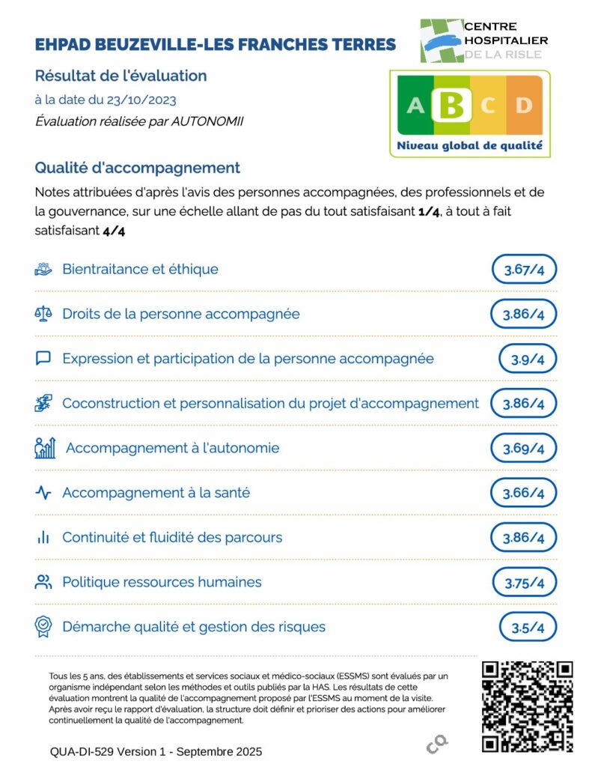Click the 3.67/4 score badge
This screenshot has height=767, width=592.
[x=524, y=270]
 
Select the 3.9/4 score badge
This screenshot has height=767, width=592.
[x=528, y=359]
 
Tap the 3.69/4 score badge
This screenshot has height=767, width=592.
[x=524, y=449]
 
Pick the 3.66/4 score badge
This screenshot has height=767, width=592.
[x=524, y=493]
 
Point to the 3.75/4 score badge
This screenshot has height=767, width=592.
[x=525, y=582]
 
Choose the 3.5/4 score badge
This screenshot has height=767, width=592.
[x=528, y=627]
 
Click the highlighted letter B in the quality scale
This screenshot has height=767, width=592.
[x=451, y=105]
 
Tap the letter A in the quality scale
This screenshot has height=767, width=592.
[x=414, y=106]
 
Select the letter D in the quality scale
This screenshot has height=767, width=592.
[x=523, y=106]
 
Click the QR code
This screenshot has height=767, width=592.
[x=528, y=706]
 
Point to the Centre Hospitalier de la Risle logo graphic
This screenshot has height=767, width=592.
[x=442, y=41]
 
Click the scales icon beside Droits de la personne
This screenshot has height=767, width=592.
[x=43, y=314]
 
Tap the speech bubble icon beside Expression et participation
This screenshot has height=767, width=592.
[x=43, y=359]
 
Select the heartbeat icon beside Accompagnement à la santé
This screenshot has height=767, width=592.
[x=43, y=493]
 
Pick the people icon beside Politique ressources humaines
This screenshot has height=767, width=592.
[x=43, y=582]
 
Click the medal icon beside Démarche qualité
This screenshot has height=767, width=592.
[x=43, y=627]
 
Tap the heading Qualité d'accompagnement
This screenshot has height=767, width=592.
[x=138, y=168]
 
